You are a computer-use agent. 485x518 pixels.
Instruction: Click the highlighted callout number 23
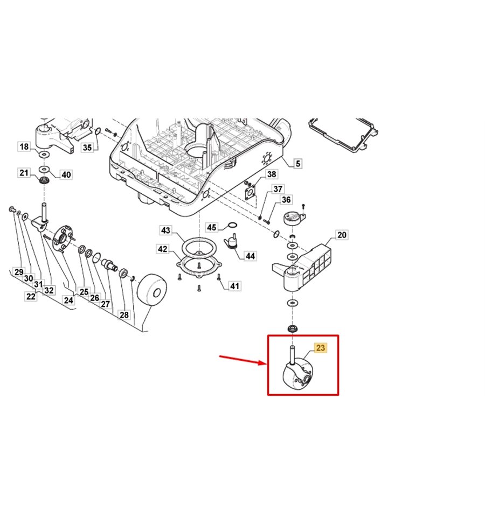tap(320, 347)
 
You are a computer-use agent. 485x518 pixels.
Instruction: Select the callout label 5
tap(298, 163)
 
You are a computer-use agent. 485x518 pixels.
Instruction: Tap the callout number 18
tap(24, 146)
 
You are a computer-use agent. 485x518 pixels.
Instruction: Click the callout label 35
tap(87, 148)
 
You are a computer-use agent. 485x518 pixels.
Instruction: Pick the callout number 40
tap(66, 174)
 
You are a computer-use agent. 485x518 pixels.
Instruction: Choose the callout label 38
tap(272, 174)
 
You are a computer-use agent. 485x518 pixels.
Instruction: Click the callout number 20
tap(342, 235)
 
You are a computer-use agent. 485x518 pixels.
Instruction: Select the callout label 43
tap(165, 230)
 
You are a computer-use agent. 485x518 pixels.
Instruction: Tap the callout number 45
tap(212, 227)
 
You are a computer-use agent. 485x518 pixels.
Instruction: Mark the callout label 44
tap(250, 256)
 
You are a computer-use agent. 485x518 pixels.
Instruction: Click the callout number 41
tap(234, 286)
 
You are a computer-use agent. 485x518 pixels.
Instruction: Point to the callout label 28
tap(124, 315)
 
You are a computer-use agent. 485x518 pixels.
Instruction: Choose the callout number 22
tap(31, 296)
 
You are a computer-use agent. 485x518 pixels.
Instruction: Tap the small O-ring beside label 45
tap(232, 225)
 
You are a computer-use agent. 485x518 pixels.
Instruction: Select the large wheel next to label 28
tap(152, 292)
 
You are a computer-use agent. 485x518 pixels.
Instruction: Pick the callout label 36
tap(286, 200)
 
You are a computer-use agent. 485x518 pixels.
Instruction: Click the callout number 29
tap(19, 272)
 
